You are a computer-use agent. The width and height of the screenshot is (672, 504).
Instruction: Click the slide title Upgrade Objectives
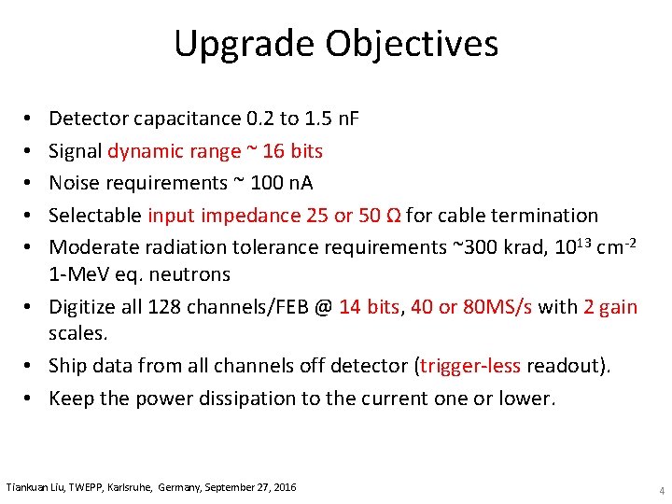tap(336, 44)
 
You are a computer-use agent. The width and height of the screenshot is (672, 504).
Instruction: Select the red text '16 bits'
tap(293, 151)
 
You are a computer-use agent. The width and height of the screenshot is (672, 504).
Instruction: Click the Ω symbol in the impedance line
tap(393, 215)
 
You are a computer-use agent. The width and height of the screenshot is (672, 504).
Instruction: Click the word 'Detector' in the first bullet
tap(89, 119)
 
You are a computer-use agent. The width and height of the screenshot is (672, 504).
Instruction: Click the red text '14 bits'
tap(369, 306)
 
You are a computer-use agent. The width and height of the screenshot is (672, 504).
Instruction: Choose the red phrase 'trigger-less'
tap(469, 366)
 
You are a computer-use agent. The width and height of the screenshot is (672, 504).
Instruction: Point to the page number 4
tap(661, 490)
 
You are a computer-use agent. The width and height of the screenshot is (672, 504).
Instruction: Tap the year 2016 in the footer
tap(284, 487)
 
